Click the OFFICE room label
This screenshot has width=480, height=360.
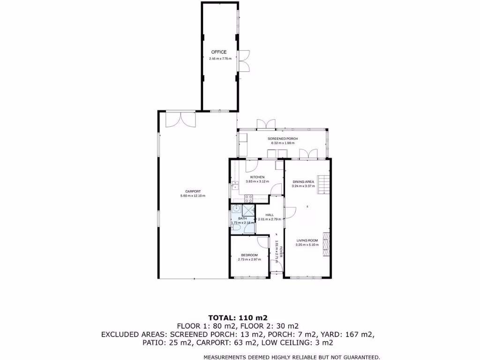tap(218, 52)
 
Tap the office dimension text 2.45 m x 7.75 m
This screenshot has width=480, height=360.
tap(220, 59)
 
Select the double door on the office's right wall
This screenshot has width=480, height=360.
tap(244, 60)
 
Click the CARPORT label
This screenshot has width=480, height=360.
tap(193, 191)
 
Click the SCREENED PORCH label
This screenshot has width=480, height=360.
tap(283, 139)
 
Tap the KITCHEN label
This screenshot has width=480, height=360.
tap(257, 177)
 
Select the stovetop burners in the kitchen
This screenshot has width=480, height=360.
tap(248, 198)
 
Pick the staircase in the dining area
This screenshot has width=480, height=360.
tap(323, 184)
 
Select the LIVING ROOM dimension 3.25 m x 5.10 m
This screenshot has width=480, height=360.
tap(307, 245)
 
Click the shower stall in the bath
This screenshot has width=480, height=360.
tap(248, 211)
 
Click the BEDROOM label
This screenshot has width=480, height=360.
tap(249, 255)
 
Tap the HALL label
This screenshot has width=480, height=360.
tap(270, 215)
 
